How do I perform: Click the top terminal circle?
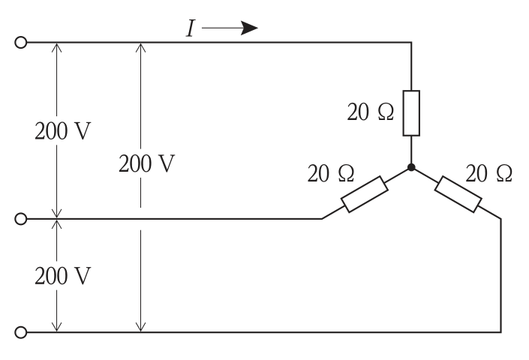coord(21,43)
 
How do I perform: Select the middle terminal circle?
coord(21,219)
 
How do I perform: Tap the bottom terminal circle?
coord(21,332)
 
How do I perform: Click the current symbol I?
coord(191,28)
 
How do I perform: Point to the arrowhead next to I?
coord(250,28)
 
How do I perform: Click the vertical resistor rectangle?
coord(411,113)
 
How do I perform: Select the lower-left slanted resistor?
coord(365,194)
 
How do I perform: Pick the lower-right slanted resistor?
coord(458,194)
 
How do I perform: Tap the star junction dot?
coord(411,167)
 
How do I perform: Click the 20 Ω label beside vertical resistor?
coord(371,112)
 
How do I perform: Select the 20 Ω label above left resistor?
coord(331,173)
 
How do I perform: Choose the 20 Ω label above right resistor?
coord(488,173)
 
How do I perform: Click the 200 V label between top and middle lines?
coord(63,130)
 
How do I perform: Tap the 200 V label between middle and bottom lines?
coord(63,276)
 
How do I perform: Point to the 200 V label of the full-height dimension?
coord(147,163)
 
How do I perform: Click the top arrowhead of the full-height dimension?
coord(140,47)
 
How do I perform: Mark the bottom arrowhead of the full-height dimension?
coord(140,327)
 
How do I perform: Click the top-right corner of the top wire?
coord(411,43)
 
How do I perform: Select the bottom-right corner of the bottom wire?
coord(500,332)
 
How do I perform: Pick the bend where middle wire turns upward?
coord(322,219)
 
